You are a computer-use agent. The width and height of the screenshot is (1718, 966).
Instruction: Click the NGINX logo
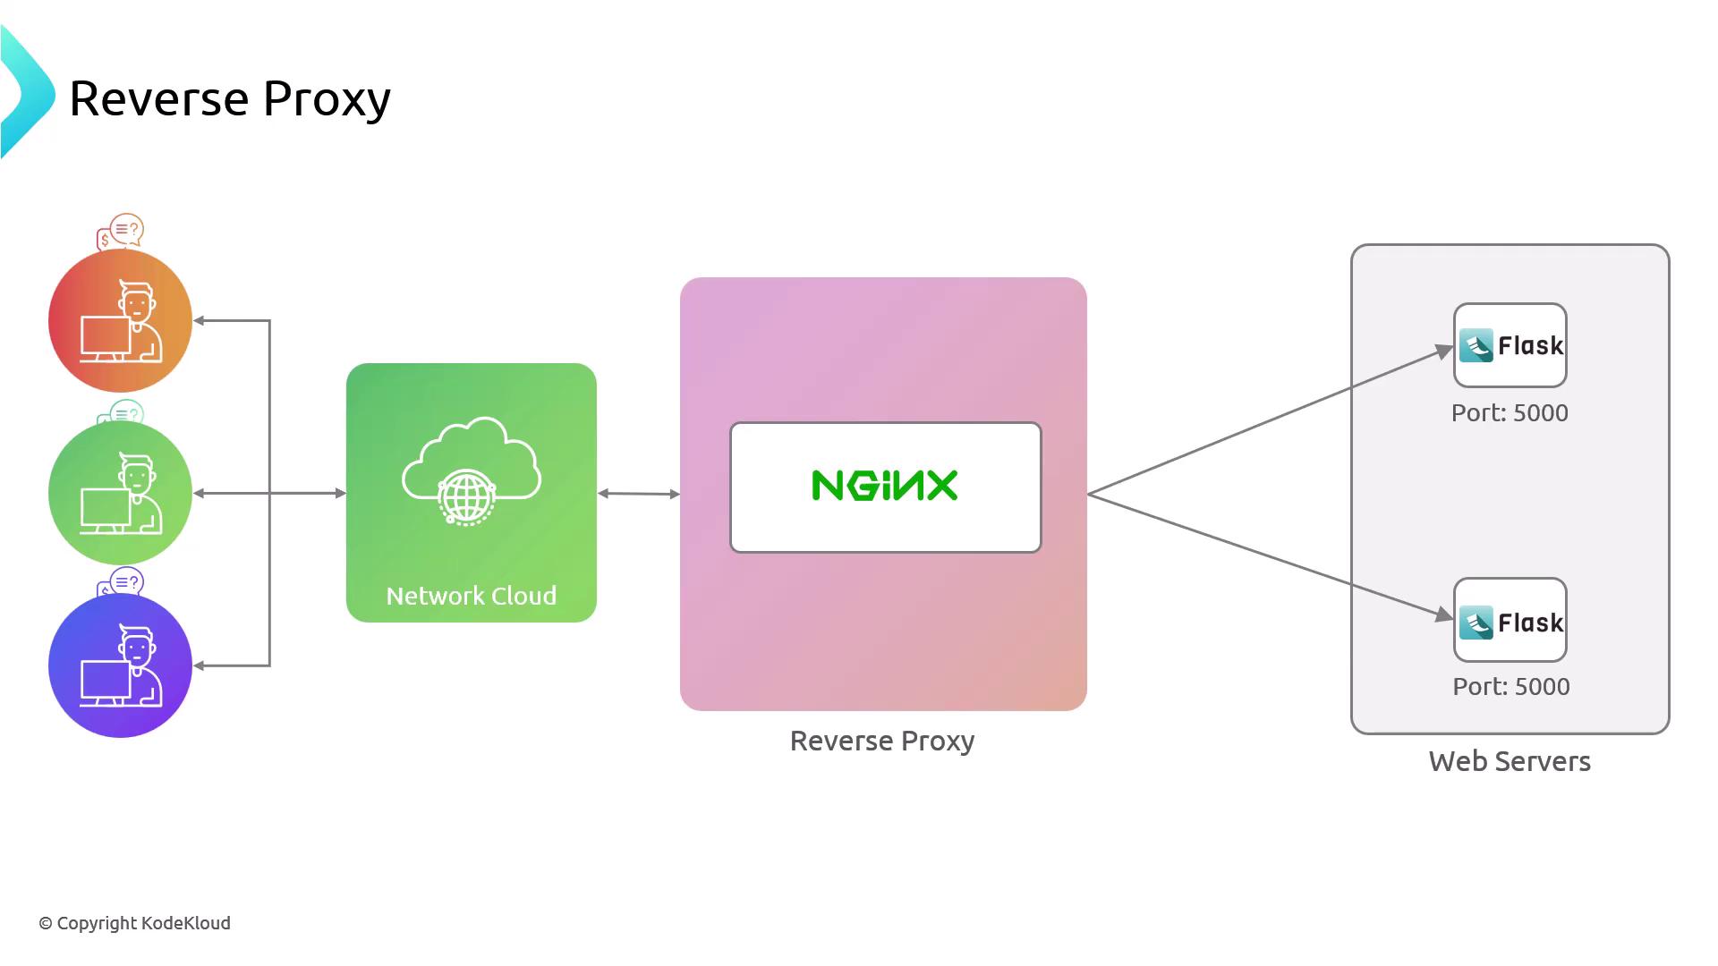(x=884, y=486)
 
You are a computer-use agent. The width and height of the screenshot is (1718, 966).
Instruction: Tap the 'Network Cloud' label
(x=471, y=596)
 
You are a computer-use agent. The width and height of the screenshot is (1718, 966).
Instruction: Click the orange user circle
(x=120, y=320)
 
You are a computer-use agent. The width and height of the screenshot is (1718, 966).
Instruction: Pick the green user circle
(x=120, y=493)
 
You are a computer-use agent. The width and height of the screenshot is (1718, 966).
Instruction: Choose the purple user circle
(x=120, y=665)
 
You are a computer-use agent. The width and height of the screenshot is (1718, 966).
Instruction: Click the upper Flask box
(x=1510, y=345)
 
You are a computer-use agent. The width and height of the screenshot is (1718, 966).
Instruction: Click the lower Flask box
(x=1510, y=620)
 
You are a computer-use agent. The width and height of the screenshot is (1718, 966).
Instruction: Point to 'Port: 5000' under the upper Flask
(x=1510, y=413)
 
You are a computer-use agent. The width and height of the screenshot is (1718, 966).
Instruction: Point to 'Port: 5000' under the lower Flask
(x=1510, y=687)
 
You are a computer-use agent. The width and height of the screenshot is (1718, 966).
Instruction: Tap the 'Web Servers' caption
(x=1510, y=761)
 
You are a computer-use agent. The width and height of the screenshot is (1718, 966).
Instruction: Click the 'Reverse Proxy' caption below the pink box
(x=881, y=741)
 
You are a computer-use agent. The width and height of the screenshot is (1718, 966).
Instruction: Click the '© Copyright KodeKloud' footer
(x=134, y=923)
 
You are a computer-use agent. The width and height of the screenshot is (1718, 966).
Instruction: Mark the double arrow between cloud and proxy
(x=638, y=493)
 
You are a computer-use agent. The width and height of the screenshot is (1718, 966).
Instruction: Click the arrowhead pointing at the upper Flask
(x=1443, y=351)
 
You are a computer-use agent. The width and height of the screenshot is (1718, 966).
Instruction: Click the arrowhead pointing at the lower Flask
(x=1443, y=614)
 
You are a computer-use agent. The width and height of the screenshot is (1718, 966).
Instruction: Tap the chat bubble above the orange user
(x=122, y=231)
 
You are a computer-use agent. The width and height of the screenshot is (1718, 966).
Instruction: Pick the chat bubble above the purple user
(x=123, y=583)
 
